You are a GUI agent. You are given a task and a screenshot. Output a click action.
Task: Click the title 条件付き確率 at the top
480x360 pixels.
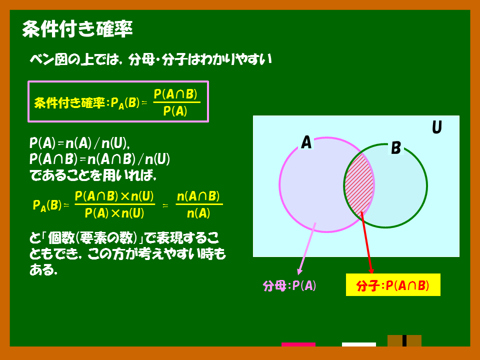tap(77, 29)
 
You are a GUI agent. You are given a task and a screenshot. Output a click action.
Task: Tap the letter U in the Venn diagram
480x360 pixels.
tap(437, 127)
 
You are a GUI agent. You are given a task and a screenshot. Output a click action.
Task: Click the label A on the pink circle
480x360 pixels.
tap(306, 142)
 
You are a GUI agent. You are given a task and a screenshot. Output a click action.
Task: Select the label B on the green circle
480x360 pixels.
tap(396, 148)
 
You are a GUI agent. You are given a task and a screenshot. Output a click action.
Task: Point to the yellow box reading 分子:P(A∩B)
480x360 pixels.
tap(393, 285)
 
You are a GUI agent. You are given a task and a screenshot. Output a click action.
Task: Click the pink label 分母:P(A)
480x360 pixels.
tap(289, 285)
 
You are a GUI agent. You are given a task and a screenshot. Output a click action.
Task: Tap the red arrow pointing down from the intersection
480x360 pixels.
tap(366, 242)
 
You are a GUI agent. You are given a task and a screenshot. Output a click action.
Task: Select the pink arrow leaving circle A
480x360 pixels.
tap(306, 248)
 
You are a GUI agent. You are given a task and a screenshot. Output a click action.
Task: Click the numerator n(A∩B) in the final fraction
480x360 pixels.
tap(198, 196)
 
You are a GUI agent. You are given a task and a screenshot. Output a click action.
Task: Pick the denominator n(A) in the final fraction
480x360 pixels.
tap(198, 213)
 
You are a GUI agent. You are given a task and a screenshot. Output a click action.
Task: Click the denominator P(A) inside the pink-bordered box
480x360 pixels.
tap(175, 111)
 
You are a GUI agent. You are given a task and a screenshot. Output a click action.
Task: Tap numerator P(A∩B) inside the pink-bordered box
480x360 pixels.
tap(175, 94)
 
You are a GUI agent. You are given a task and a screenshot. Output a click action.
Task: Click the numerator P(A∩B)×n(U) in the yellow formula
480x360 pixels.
tap(114, 196)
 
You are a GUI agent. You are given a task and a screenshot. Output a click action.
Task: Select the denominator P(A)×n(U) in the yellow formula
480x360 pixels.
tap(114, 213)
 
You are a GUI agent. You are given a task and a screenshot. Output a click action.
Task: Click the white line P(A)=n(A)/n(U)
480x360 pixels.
tap(79, 143)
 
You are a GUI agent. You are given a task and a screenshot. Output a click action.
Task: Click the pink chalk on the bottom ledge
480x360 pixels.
tap(298, 344)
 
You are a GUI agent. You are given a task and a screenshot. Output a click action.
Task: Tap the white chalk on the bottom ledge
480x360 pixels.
tap(359, 344)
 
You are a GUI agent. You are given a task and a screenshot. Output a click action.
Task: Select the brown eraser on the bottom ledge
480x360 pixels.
tap(404, 340)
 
